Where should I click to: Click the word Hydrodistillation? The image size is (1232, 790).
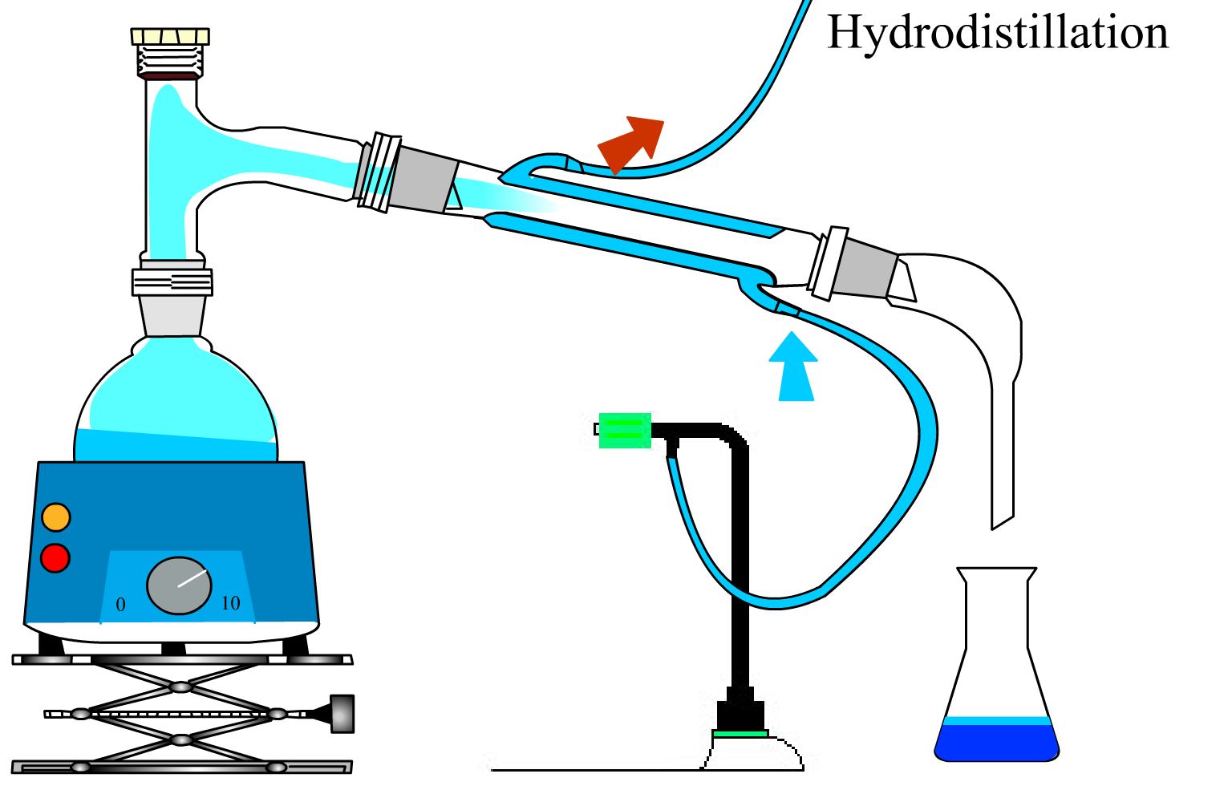tap(997, 34)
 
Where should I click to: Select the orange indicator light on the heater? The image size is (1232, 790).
tap(56, 517)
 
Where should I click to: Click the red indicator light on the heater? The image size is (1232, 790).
tap(55, 557)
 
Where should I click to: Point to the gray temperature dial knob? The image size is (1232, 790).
tap(179, 585)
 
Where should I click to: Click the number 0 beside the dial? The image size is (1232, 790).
tap(121, 605)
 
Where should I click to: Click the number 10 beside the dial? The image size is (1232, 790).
tap(230, 603)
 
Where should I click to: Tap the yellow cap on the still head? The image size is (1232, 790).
tap(170, 36)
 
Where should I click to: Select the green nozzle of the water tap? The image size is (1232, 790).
tap(624, 430)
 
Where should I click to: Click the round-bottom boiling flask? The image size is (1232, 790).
tap(176, 409)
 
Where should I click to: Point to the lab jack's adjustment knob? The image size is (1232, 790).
tap(342, 713)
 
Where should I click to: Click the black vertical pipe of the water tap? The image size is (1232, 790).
tap(740, 561)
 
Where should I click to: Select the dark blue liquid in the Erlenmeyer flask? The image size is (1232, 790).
tap(997, 742)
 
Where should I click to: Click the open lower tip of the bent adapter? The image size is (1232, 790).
tap(1003, 520)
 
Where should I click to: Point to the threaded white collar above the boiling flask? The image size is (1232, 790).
tap(172, 282)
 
